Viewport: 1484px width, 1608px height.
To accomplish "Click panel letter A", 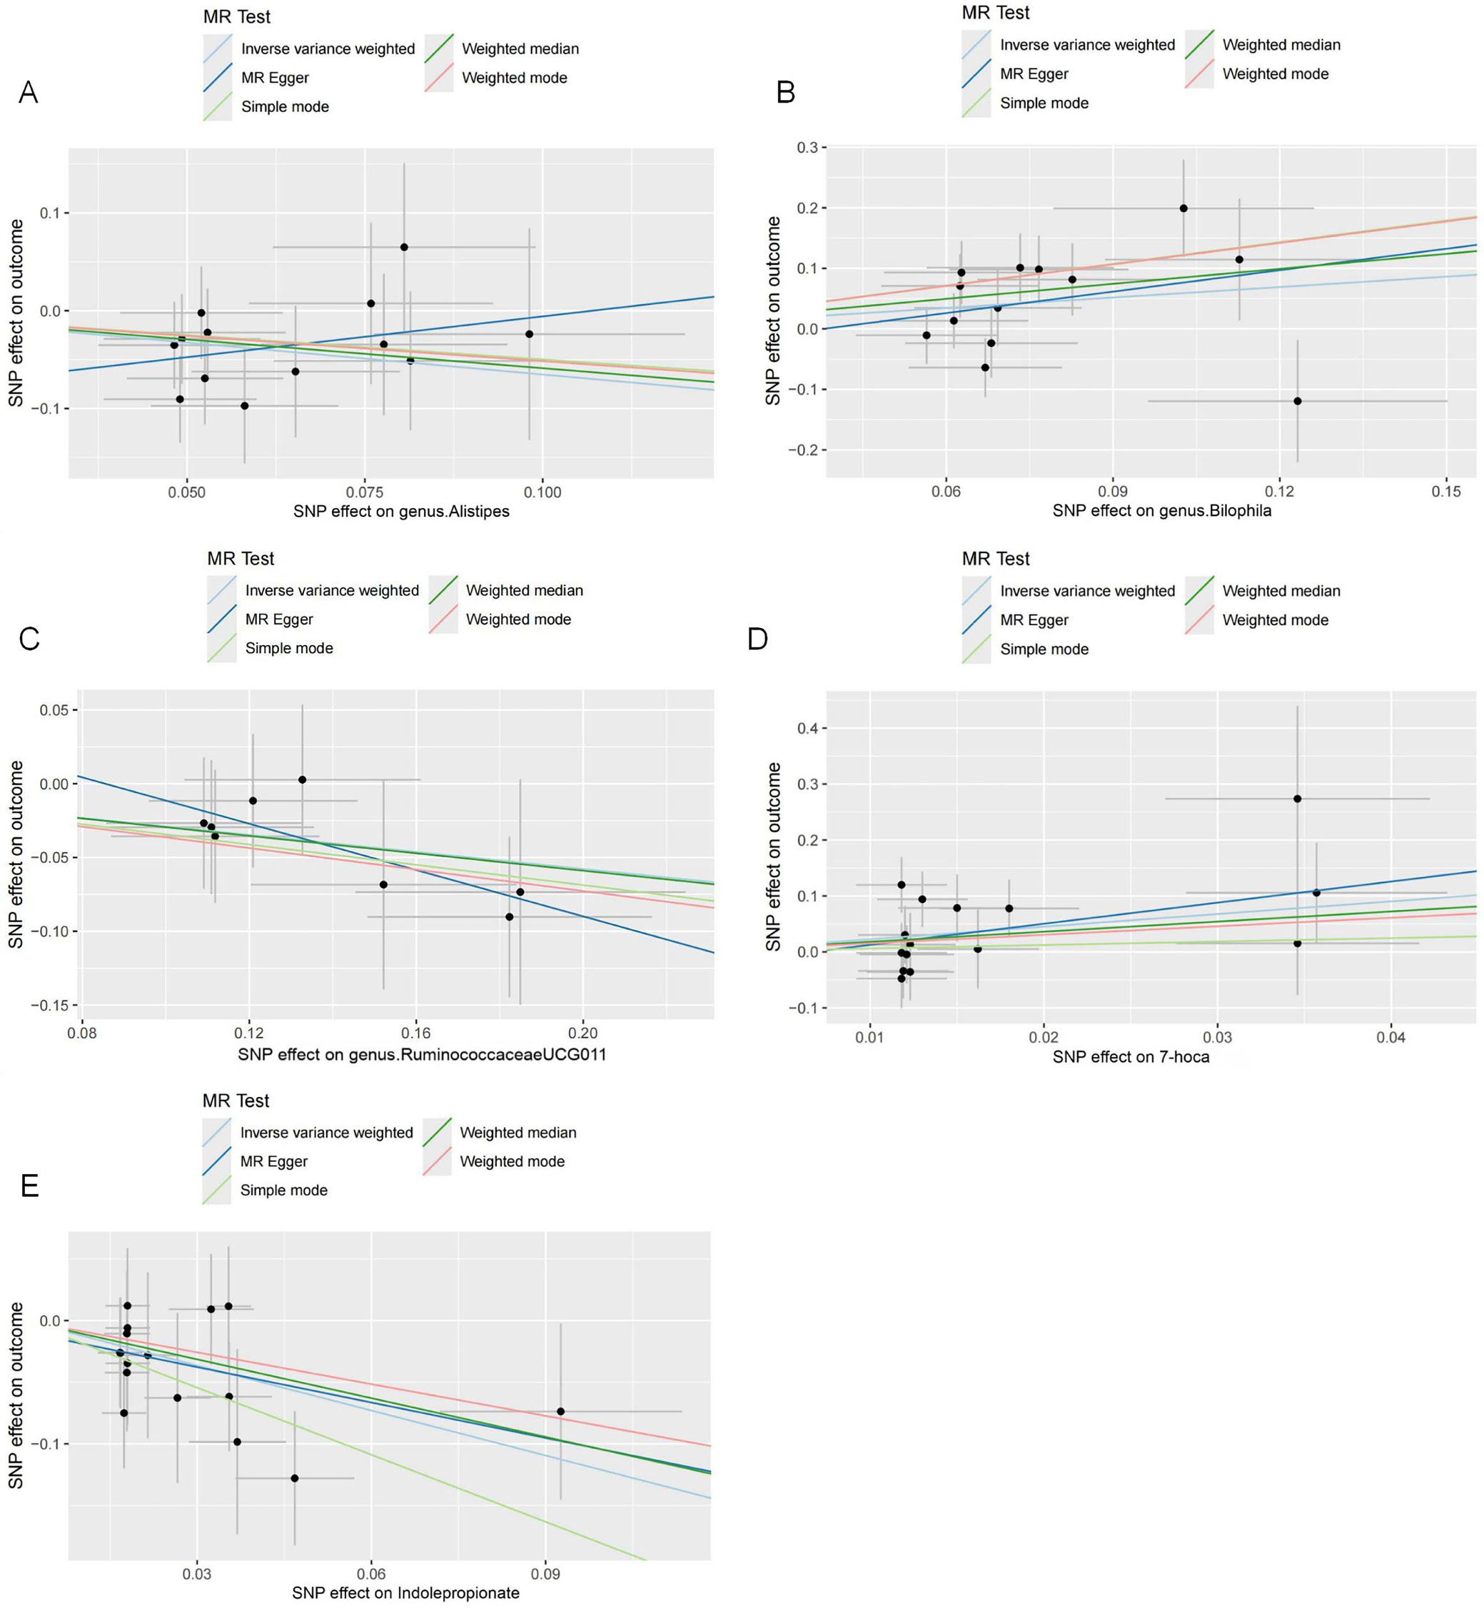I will tap(28, 93).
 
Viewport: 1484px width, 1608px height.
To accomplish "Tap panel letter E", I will tap(30, 1185).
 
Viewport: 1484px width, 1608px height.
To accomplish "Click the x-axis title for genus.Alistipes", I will tap(400, 512).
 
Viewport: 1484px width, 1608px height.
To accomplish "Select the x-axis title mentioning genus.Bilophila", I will tap(1161, 510).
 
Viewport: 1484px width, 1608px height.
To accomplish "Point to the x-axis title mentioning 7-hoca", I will tap(1131, 1056).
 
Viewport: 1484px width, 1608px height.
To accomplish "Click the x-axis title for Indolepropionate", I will tap(405, 1593).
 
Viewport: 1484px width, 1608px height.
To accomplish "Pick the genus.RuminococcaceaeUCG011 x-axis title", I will tap(422, 1054).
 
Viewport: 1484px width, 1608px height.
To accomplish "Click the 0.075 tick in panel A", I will tap(365, 492).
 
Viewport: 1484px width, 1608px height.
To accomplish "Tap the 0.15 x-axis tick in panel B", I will tap(1445, 491).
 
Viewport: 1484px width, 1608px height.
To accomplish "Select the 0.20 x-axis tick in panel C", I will tap(583, 1033).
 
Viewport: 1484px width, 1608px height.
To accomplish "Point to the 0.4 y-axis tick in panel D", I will tap(807, 728).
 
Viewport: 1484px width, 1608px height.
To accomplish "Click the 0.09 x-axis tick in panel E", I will tap(545, 1574).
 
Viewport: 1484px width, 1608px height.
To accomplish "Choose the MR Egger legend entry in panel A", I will tap(275, 78).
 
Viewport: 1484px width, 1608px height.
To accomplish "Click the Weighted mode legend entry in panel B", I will tap(1275, 74).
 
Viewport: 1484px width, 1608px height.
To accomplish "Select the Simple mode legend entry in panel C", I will tap(289, 648).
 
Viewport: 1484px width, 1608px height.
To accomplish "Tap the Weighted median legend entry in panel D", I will tap(1281, 591).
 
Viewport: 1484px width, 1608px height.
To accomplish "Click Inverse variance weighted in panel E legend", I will tap(326, 1132).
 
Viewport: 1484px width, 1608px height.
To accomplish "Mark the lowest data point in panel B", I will tap(1297, 400).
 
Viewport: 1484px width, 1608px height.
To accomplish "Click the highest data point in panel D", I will tap(1297, 799).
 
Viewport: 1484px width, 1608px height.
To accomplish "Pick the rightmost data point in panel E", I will tap(560, 1411).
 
